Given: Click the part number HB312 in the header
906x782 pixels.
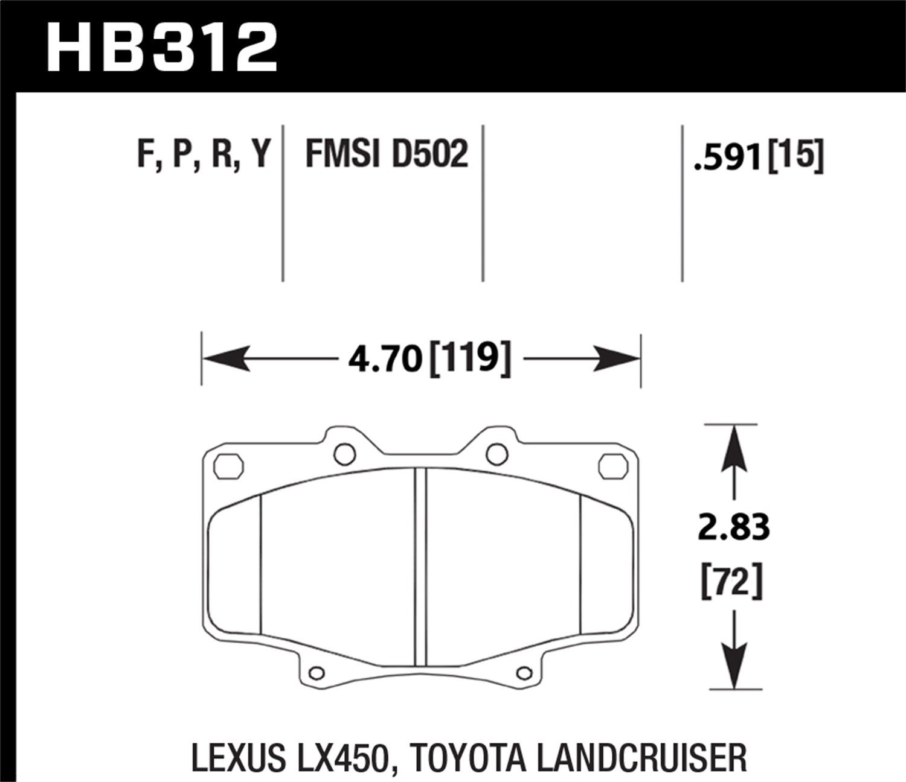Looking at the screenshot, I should pyautogui.click(x=161, y=47).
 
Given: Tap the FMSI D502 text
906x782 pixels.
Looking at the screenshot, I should pyautogui.click(x=387, y=154).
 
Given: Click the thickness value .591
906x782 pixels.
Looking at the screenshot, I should pyautogui.click(x=728, y=158).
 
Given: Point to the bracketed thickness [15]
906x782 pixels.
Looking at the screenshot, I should pyautogui.click(x=795, y=156).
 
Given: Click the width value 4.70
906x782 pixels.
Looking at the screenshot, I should pyautogui.click(x=385, y=360).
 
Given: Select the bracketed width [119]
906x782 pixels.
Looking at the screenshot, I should pyautogui.click(x=470, y=359).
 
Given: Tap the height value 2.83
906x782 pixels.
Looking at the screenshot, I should pyautogui.click(x=734, y=527).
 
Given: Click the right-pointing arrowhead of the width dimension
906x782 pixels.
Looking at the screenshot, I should pyautogui.click(x=617, y=359).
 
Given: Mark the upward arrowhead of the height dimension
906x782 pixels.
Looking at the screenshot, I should pyautogui.click(x=734, y=448).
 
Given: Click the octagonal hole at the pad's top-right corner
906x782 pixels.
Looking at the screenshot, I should pyautogui.click(x=612, y=466).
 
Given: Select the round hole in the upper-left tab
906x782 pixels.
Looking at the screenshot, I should pyautogui.click(x=345, y=454).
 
